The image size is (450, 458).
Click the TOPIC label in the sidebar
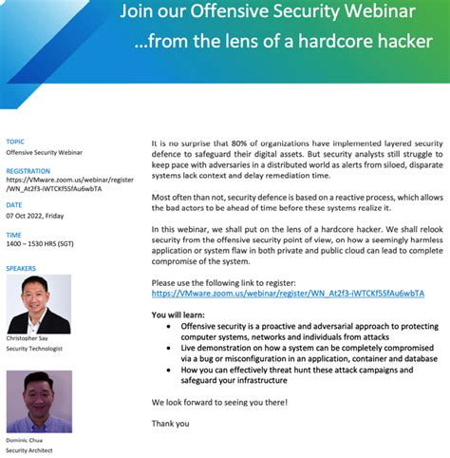pos(15,142)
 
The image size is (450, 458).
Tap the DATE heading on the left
pos(14,204)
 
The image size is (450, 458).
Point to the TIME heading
pos(14,234)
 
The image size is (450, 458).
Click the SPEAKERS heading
pos(21,268)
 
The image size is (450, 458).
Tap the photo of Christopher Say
pos(39,304)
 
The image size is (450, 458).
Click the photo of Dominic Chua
pos(39,401)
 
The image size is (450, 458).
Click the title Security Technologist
pos(35,349)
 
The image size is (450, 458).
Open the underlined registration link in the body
pos(288,294)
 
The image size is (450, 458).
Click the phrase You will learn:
pos(178,314)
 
